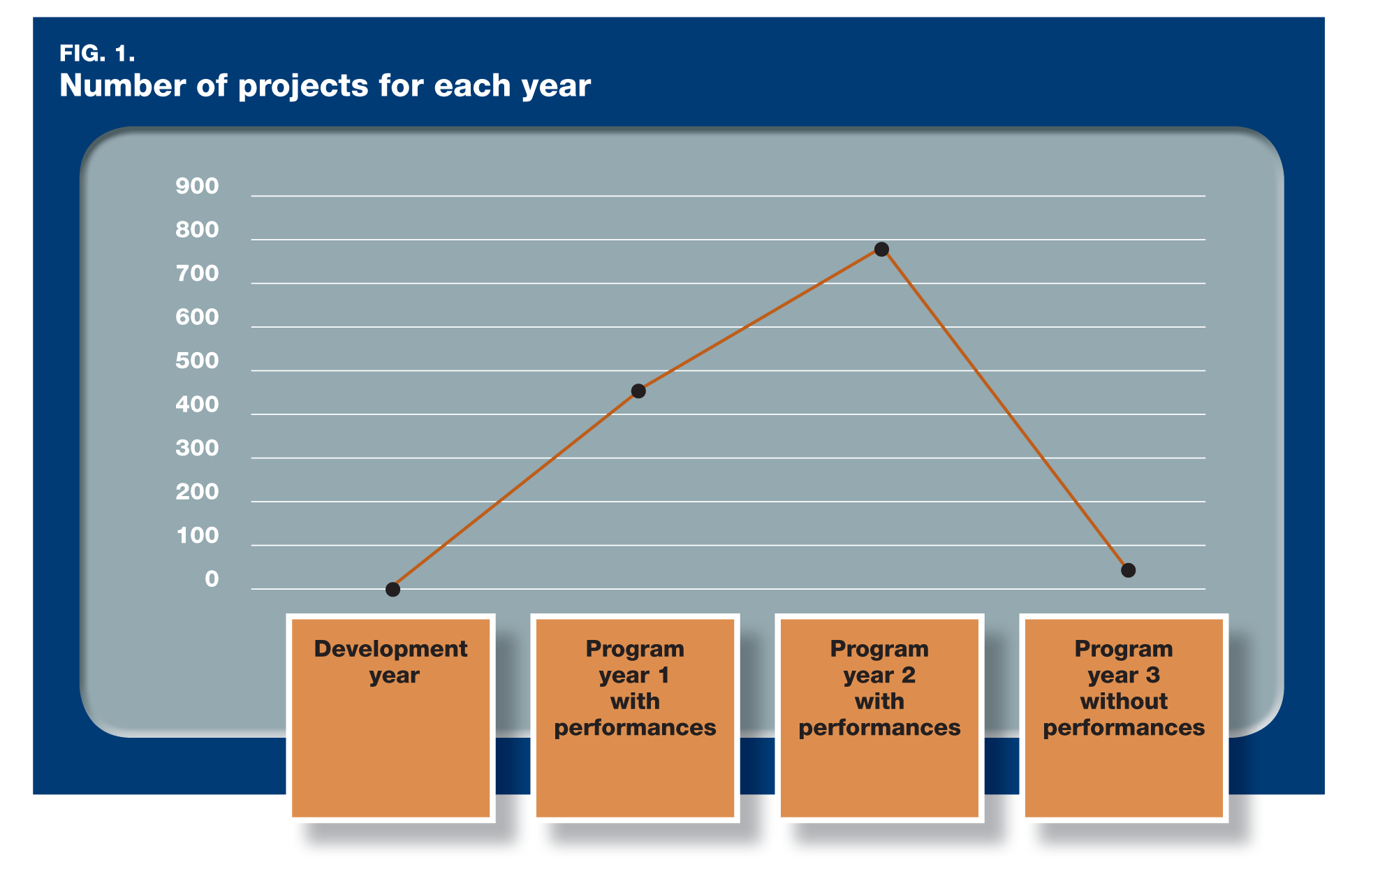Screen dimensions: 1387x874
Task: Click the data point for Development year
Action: point(393,589)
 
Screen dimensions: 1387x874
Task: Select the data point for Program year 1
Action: point(638,391)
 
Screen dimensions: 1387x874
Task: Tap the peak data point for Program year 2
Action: point(881,249)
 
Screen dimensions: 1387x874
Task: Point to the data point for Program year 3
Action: point(1128,570)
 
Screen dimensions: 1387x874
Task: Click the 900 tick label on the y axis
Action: point(197,186)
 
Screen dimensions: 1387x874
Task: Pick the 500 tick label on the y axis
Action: point(197,360)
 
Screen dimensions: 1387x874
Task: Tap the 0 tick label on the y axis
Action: point(212,579)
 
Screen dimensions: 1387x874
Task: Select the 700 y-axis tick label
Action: point(197,273)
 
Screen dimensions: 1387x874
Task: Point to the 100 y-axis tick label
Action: point(198,535)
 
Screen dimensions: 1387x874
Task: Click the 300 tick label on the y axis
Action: point(197,448)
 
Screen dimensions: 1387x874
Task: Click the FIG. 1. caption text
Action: point(97,53)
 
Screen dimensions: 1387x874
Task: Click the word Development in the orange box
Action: point(390,649)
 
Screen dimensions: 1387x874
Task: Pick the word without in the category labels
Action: point(1124,701)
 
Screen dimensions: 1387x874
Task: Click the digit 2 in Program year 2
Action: point(908,675)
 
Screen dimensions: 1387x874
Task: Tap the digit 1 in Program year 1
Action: point(663,675)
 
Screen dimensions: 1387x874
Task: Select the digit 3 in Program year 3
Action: point(1152,675)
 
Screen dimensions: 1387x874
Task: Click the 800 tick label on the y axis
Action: point(197,230)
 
